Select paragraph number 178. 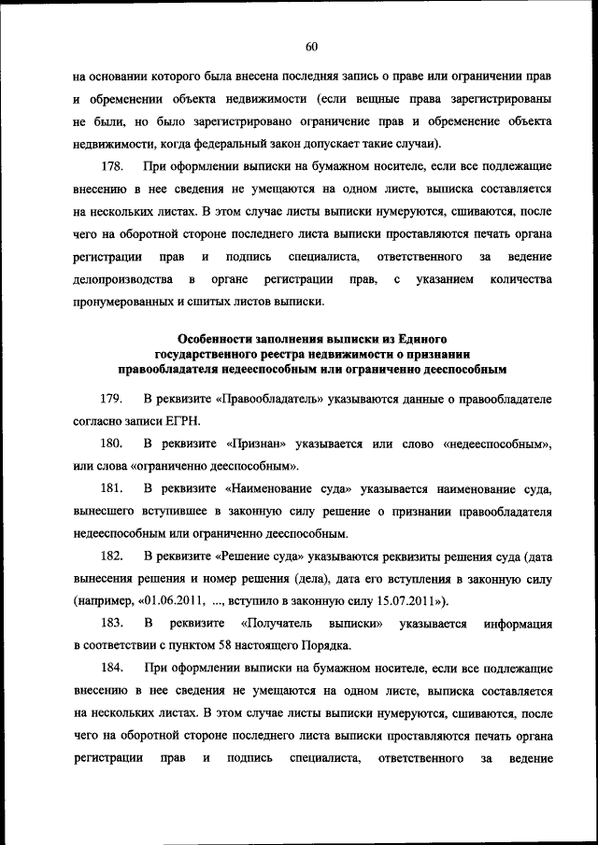(112, 167)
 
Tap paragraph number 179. (112, 400)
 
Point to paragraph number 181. (112, 489)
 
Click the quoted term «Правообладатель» (269, 400)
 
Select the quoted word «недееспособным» (496, 444)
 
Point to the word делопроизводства (121, 279)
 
